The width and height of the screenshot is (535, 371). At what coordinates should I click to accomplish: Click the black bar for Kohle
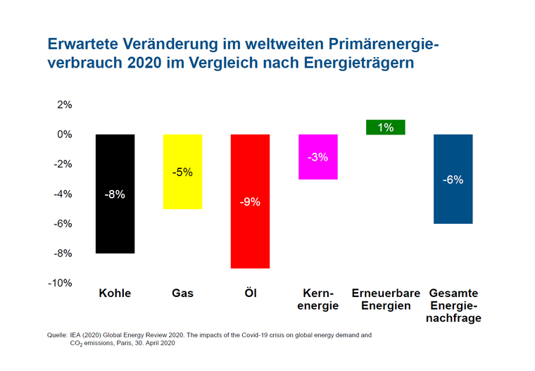click(115, 225)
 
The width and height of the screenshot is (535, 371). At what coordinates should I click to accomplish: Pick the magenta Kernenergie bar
click(317, 169)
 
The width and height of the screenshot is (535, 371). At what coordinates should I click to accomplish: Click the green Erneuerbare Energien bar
click(385, 127)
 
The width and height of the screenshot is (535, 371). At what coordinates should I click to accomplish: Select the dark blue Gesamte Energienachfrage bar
click(453, 204)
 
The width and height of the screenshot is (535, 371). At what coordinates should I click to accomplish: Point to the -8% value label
click(115, 194)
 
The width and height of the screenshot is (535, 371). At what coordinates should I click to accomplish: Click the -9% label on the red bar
click(250, 202)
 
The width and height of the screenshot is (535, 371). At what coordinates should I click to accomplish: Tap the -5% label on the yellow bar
click(182, 172)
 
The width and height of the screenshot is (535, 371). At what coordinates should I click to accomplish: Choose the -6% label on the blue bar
click(453, 180)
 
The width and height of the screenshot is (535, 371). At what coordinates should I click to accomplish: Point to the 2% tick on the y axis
click(65, 105)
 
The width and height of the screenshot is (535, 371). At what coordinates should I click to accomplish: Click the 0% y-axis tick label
click(65, 134)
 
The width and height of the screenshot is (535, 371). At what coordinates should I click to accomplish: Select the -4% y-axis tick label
click(63, 194)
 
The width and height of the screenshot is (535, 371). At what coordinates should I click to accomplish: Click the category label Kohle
click(115, 293)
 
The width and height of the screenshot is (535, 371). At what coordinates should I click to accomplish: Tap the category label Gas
click(182, 293)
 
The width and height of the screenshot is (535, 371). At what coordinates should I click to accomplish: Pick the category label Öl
click(250, 293)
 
